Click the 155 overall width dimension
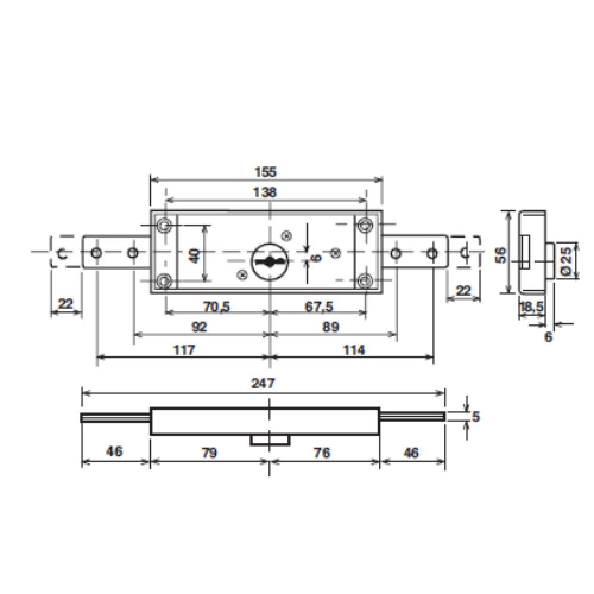(266, 172)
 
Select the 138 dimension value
(266, 192)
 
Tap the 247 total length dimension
(263, 383)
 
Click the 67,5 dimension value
(319, 307)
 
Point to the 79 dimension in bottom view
(209, 453)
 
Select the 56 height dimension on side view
(501, 254)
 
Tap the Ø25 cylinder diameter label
(565, 261)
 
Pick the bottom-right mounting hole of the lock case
(365, 280)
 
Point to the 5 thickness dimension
(475, 416)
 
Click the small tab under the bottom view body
(270, 439)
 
